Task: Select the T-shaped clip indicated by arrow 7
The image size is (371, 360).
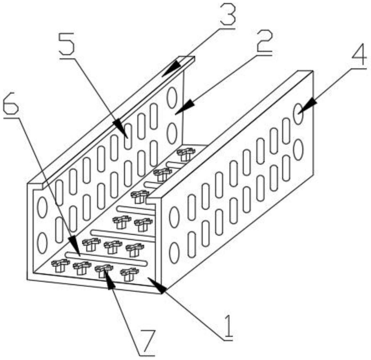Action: tap(103, 270)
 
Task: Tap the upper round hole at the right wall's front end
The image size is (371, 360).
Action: tap(174, 217)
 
